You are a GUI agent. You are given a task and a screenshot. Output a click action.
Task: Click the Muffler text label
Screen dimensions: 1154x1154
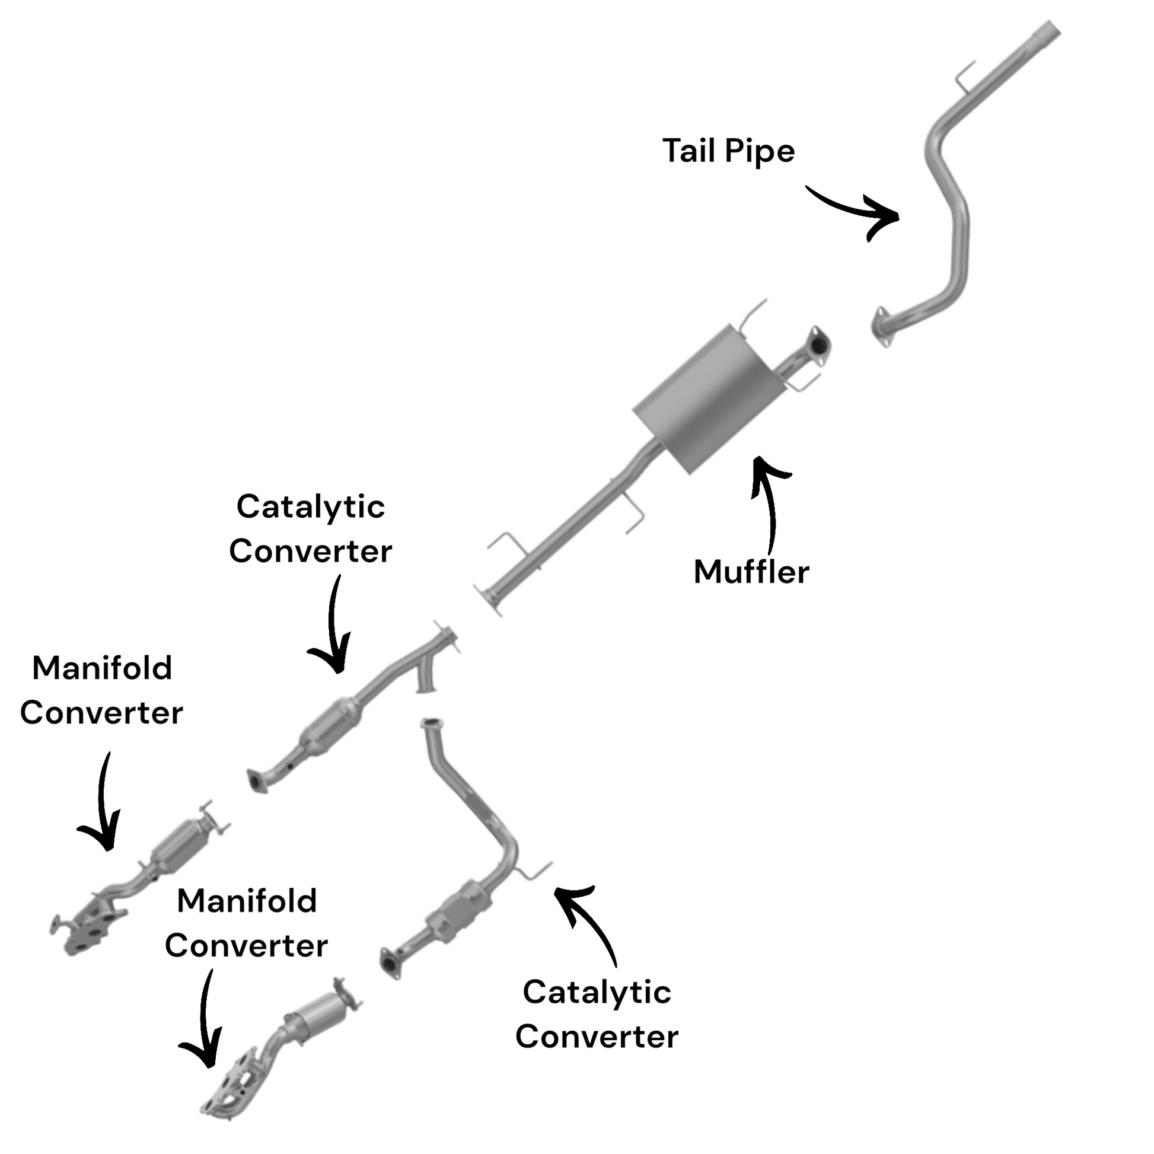coord(751,572)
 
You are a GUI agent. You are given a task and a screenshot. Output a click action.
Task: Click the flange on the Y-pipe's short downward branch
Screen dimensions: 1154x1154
coord(426,690)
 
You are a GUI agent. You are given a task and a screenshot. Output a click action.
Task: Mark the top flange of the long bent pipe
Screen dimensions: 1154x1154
coord(430,724)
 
